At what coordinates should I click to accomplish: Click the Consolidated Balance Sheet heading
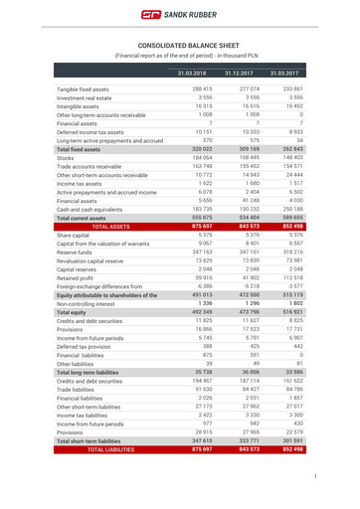[179, 46]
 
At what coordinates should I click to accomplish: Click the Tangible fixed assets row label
[82, 89]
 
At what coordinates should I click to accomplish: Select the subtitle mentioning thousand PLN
[179, 56]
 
